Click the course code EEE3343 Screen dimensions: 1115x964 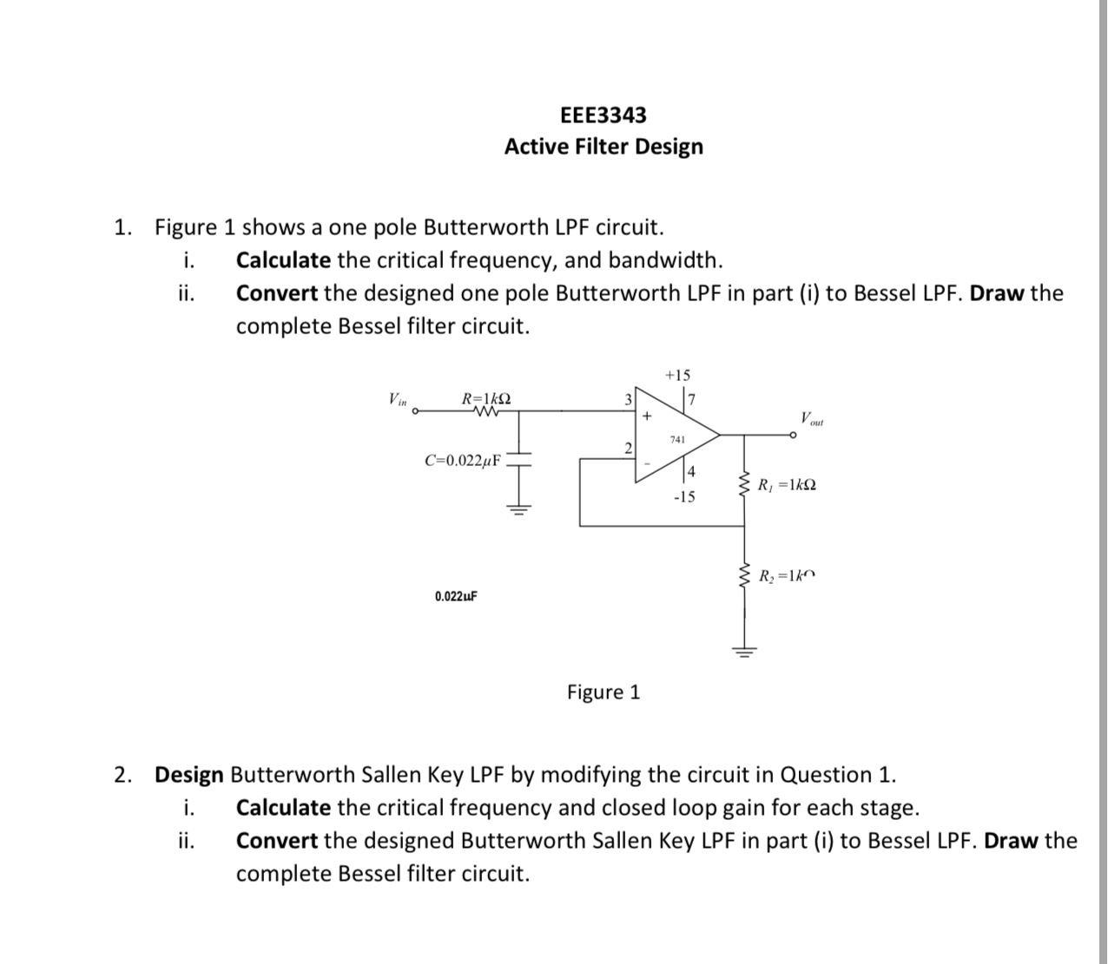(x=603, y=115)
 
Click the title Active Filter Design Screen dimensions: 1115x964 (x=603, y=147)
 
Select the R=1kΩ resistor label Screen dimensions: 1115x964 (x=485, y=399)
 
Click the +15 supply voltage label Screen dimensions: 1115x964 (x=677, y=376)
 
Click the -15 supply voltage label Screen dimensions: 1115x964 (x=684, y=497)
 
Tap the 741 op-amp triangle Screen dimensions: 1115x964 (x=678, y=438)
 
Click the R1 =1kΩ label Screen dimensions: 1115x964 (x=787, y=485)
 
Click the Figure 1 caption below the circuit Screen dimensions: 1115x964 (x=603, y=692)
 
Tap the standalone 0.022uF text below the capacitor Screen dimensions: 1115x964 (x=456, y=597)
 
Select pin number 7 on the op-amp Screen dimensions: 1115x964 (x=691, y=399)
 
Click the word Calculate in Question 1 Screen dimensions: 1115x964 (x=283, y=260)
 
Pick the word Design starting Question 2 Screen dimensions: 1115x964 (x=188, y=775)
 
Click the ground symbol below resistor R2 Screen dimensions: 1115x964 (x=743, y=651)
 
